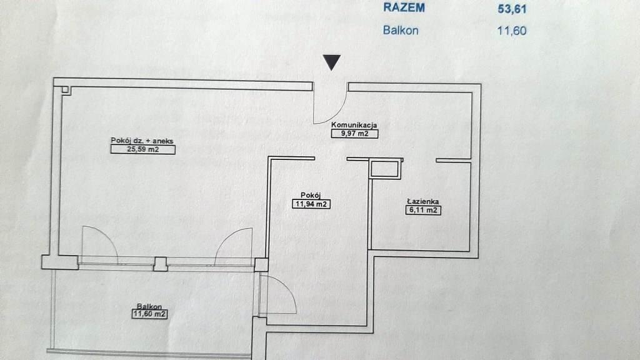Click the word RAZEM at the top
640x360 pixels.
[x=404, y=8]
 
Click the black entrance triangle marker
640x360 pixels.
[x=332, y=62]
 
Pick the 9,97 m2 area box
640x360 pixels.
[x=354, y=133]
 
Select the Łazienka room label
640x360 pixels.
[x=422, y=201]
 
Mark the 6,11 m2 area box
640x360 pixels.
[x=423, y=211]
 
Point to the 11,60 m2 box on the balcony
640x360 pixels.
[x=149, y=314]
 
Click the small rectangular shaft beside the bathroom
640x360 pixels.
[x=385, y=169]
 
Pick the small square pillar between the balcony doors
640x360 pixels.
[x=161, y=264]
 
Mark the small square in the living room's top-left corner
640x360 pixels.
[x=67, y=90]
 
